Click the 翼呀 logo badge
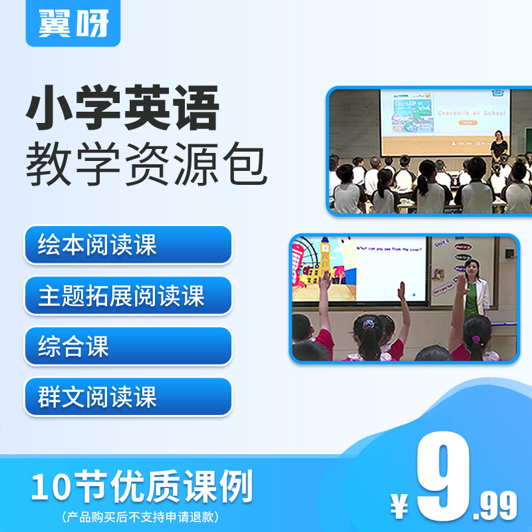point(73,23)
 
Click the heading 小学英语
point(122,110)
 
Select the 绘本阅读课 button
point(128,245)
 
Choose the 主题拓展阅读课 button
point(128,295)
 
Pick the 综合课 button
point(128,346)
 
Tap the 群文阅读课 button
point(128,397)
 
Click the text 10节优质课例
point(142,488)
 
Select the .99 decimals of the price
point(495,508)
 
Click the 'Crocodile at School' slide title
point(470,113)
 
